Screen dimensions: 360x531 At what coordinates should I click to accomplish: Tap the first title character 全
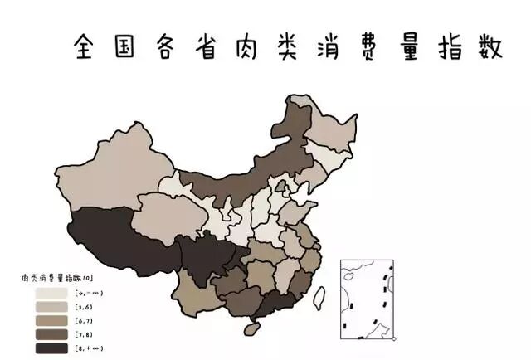pos(87,46)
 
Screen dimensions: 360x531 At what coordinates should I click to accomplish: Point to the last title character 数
pos(489,46)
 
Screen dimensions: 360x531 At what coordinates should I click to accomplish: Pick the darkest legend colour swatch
pos(51,348)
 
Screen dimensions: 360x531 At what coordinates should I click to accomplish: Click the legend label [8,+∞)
pos(90,348)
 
